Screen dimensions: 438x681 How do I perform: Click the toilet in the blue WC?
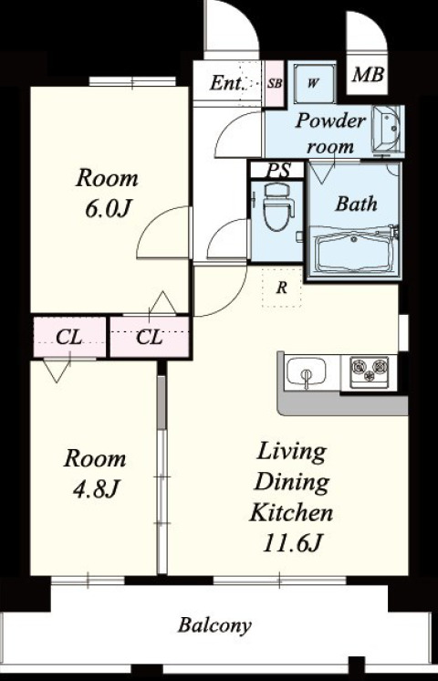click(x=278, y=206)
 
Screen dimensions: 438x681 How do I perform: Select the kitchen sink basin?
click(x=307, y=372)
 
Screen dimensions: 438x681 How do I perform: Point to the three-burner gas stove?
click(x=370, y=371)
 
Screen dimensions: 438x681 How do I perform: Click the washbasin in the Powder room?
click(x=387, y=129)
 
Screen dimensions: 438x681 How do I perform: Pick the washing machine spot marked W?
click(x=314, y=83)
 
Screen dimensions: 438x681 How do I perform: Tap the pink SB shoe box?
click(x=274, y=83)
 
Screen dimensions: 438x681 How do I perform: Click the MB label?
click(x=368, y=75)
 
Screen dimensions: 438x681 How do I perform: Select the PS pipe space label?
click(x=277, y=170)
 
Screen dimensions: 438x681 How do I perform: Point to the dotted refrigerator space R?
click(x=282, y=288)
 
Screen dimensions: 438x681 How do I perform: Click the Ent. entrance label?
click(x=226, y=82)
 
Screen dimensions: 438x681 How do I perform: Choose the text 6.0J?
click(x=108, y=209)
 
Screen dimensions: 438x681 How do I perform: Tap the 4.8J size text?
click(x=96, y=489)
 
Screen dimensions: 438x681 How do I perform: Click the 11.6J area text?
click(x=292, y=542)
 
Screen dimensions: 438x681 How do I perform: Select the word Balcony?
click(x=214, y=626)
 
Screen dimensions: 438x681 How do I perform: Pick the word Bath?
click(x=356, y=204)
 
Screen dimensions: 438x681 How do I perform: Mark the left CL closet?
click(x=69, y=337)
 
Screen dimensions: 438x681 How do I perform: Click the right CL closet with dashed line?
click(x=150, y=337)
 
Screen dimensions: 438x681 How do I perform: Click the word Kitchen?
click(x=291, y=512)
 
